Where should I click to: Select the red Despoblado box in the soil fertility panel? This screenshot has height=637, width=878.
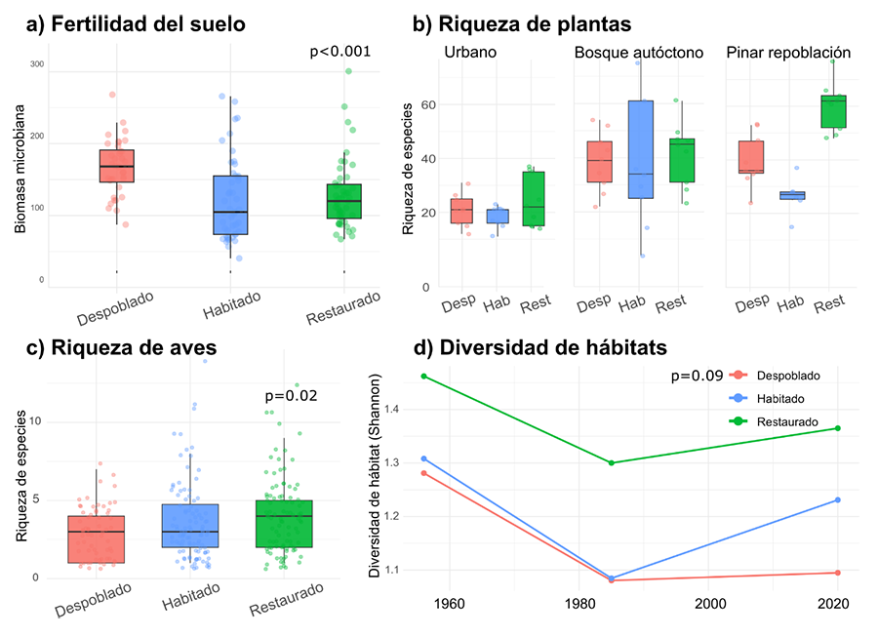(117, 165)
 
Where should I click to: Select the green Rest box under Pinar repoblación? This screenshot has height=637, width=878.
(832, 111)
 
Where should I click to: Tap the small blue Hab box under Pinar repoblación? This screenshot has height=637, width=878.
(791, 195)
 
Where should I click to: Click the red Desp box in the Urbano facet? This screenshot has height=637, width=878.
(460, 211)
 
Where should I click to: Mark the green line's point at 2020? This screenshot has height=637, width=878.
(838, 428)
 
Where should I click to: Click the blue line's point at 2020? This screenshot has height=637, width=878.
(838, 500)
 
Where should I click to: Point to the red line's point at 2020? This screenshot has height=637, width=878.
(838, 573)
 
